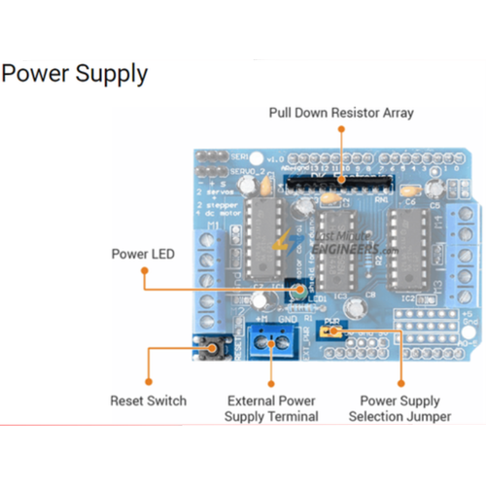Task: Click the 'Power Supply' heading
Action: (75, 74)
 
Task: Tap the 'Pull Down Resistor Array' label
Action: (340, 113)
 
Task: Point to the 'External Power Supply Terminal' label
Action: (271, 408)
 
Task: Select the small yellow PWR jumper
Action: (335, 332)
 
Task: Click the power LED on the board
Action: (301, 289)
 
